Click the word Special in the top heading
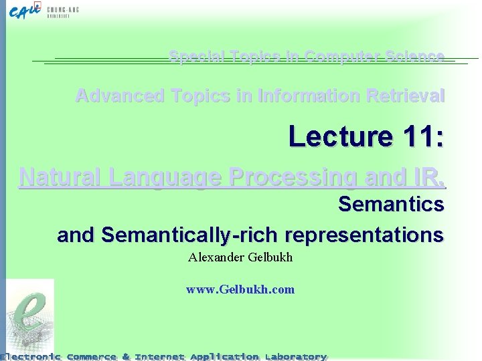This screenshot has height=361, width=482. (x=192, y=57)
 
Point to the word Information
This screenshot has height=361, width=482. (x=299, y=96)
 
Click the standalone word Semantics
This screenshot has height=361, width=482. (x=391, y=204)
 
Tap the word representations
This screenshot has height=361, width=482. (x=364, y=235)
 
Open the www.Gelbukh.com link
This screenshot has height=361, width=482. (x=240, y=289)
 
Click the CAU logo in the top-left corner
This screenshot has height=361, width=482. (x=27, y=11)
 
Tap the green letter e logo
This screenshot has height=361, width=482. (x=28, y=314)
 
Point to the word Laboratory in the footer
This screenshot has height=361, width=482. (x=295, y=356)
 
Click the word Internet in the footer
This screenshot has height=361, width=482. (x=159, y=356)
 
